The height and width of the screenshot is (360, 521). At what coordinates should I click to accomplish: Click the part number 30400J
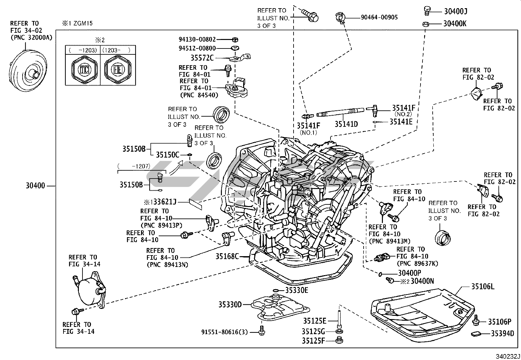(x=455, y=11)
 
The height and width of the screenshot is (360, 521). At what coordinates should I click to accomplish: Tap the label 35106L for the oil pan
(x=483, y=287)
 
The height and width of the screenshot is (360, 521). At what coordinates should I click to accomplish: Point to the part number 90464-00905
(x=379, y=17)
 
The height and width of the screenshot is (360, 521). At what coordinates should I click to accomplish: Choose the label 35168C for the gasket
(x=227, y=256)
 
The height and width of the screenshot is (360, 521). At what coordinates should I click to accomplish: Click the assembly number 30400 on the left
(x=35, y=186)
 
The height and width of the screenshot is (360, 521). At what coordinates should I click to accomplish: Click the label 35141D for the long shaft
(x=346, y=124)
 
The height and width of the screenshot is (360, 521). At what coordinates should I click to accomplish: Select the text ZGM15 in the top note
(x=83, y=24)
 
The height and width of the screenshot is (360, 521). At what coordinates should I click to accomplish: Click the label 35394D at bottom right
(x=502, y=334)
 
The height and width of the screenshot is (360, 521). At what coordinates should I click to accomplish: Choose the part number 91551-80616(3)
(x=225, y=332)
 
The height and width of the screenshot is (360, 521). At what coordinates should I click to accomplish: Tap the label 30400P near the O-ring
(x=409, y=273)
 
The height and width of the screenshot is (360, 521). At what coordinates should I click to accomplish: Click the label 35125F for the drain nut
(x=313, y=341)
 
